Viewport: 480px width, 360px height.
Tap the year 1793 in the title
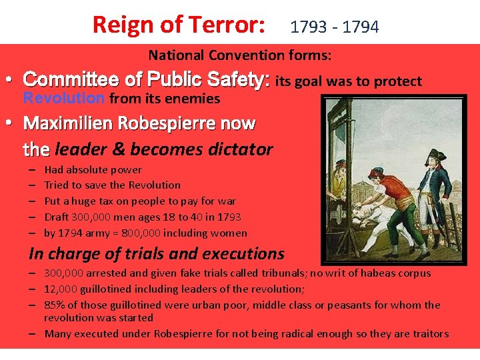pos(309,27)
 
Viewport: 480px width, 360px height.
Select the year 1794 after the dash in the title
pos(360,27)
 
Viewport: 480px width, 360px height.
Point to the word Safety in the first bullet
pos(241,81)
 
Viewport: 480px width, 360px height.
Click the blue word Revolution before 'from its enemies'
pos(63,99)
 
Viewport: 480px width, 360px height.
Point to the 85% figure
pos(55,305)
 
